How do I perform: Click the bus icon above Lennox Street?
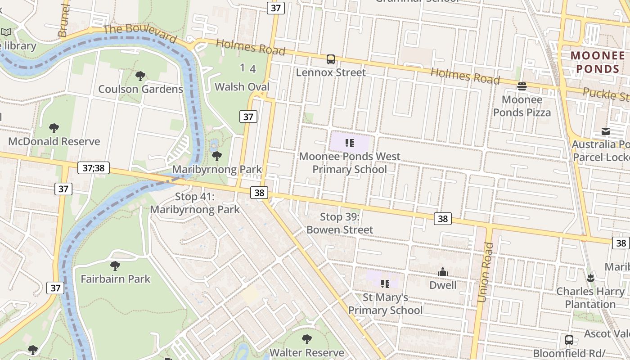click(331, 59)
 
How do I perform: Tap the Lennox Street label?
click(331, 72)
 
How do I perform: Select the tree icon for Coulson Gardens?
click(140, 76)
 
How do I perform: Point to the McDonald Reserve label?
click(54, 141)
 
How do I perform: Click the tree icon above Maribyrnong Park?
click(217, 156)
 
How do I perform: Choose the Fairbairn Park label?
click(116, 279)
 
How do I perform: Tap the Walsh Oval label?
click(242, 87)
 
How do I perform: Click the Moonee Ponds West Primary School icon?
click(350, 144)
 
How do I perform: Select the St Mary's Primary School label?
click(385, 304)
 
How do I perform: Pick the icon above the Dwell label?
click(443, 272)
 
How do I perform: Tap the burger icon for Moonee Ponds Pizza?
click(522, 86)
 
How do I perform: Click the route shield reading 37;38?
click(94, 168)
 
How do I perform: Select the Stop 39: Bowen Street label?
click(340, 223)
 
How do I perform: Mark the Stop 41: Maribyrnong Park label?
click(195, 203)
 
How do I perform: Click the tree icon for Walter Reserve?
click(307, 339)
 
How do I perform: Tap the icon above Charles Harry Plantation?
click(590, 278)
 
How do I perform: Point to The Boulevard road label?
click(139, 34)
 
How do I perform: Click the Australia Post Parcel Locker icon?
click(606, 131)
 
